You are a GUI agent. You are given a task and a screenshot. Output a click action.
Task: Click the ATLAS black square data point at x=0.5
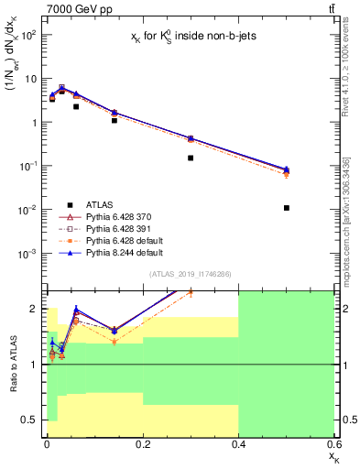pyautogui.click(x=287, y=208)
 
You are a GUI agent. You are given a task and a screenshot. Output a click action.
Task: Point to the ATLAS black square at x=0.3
pyautogui.click(x=191, y=158)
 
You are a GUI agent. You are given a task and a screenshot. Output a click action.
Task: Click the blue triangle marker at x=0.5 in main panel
pyautogui.click(x=287, y=169)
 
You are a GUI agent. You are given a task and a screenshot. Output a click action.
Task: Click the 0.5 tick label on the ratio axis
pyautogui.click(x=32, y=420)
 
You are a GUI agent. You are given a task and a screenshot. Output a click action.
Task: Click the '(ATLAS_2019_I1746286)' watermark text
pyautogui.click(x=191, y=274)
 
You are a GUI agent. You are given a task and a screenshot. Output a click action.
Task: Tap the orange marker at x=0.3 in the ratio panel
pyautogui.click(x=191, y=292)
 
